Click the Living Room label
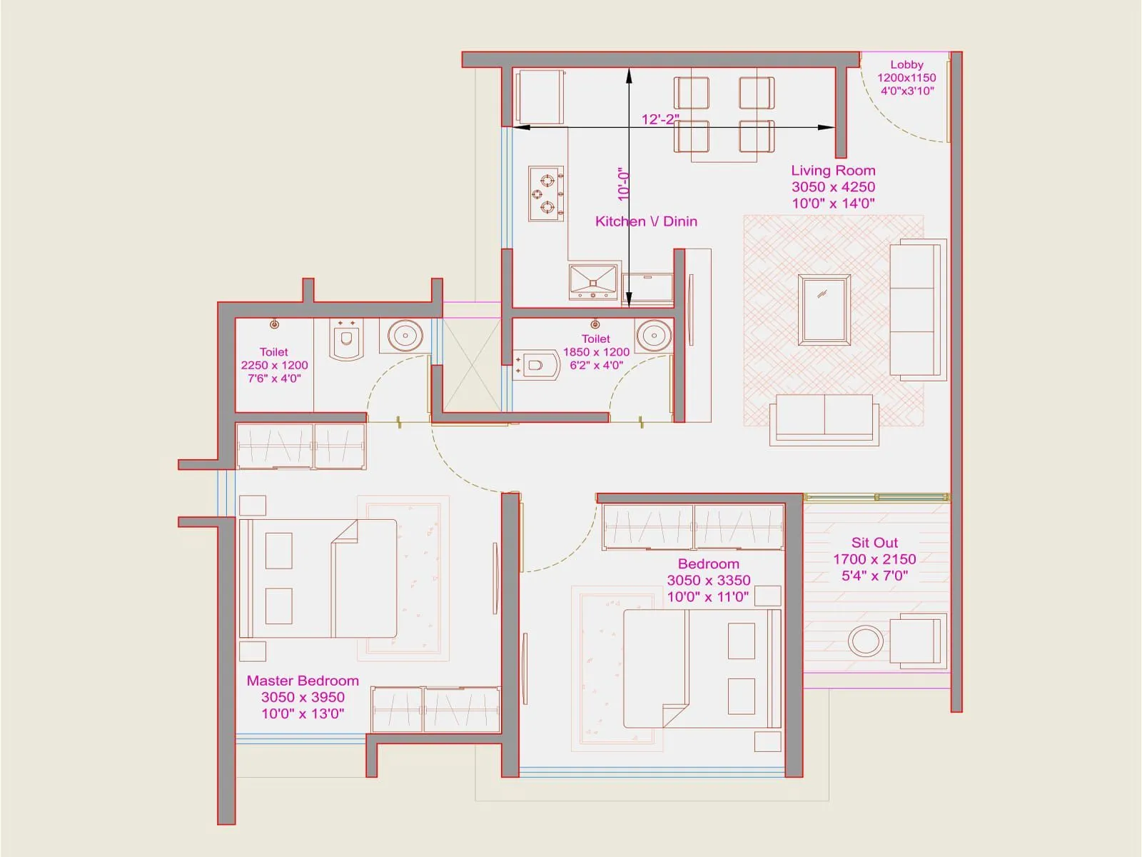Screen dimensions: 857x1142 [x=833, y=171]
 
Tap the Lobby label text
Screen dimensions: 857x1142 [x=906, y=65]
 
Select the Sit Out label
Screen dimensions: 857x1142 [x=874, y=543]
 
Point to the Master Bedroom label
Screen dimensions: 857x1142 [x=303, y=681]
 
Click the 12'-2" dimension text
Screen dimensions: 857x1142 [x=660, y=119]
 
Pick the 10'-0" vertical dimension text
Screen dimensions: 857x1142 [x=624, y=184]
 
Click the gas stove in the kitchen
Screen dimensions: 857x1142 [x=546, y=194]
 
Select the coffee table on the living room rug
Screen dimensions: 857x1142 [x=825, y=309]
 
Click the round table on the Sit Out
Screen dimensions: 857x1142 [x=865, y=641]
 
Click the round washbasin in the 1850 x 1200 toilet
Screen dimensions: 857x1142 [x=653, y=334]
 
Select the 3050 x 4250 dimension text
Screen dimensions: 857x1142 [x=833, y=187]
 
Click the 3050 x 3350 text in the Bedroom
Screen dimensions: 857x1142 [x=708, y=581]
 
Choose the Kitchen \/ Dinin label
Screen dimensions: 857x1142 [x=646, y=221]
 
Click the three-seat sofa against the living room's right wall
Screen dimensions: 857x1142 [x=918, y=309]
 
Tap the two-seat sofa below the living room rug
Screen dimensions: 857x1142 [x=824, y=419]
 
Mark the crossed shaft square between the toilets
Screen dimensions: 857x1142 [x=472, y=365]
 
